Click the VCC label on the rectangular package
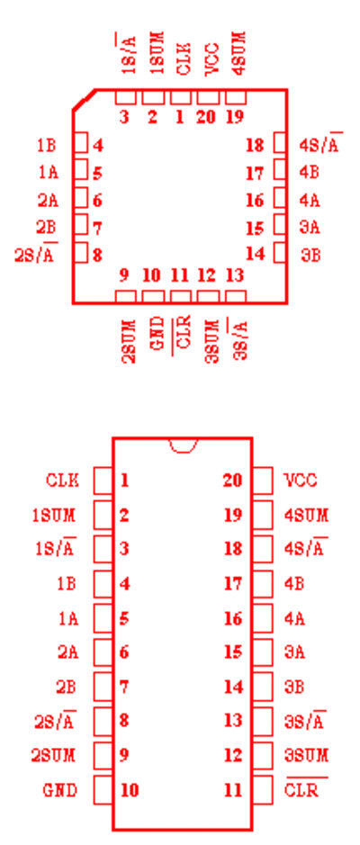coord(301,481)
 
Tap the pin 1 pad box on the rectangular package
coord(103,481)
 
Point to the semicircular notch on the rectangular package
coord(184,445)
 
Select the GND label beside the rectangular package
coord(59,791)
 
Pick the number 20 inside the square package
coord(205,116)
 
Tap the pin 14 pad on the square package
coord(279,252)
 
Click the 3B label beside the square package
coord(310,255)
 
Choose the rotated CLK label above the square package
coord(184,60)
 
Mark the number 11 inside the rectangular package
coord(233,791)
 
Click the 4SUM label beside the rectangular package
coord(306,516)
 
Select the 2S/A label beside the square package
coord(36,253)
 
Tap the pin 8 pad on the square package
coord(81,252)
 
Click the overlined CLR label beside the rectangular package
coord(306,789)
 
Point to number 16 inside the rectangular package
coord(233,618)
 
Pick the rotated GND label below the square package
coord(157,334)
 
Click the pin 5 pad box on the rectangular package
coord(103,617)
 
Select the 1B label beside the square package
coord(46,146)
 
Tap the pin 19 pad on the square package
coord(236,97)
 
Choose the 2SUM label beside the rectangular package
coord(53,756)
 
